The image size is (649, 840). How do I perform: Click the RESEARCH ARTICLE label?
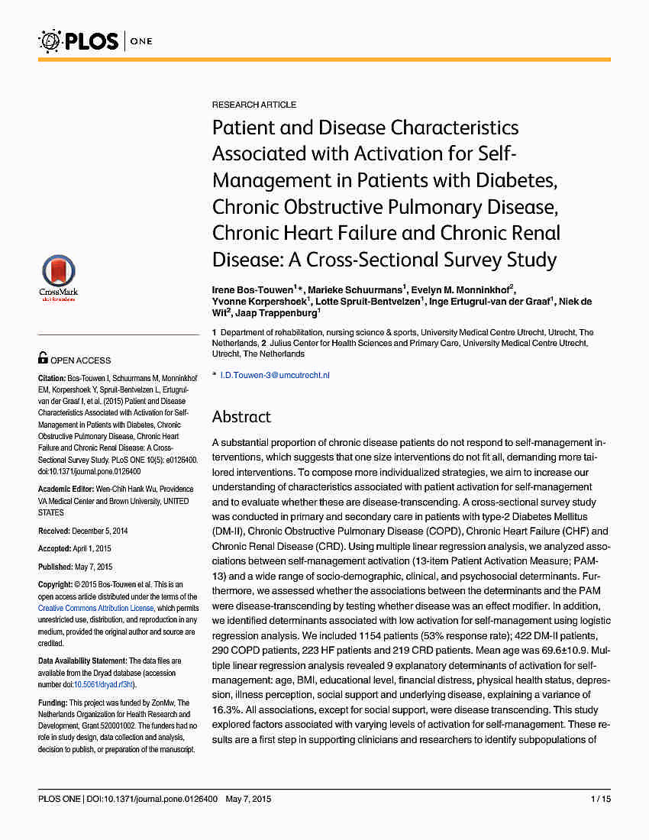point(253,105)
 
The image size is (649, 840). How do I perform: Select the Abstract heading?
point(241,417)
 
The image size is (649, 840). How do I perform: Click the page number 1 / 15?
point(601,800)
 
